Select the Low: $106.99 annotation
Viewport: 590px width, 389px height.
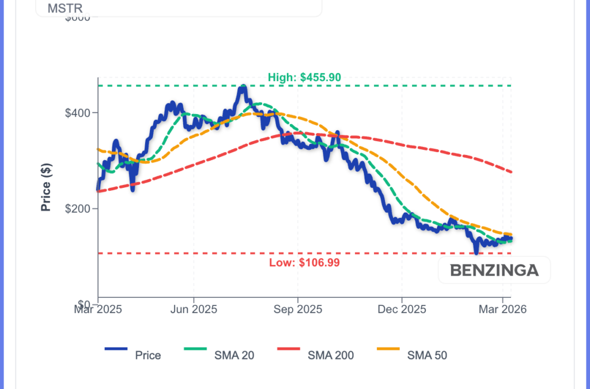pyautogui.click(x=304, y=263)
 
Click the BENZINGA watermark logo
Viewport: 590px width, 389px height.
pyautogui.click(x=494, y=270)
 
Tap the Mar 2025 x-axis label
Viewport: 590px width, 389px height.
pyautogui.click(x=98, y=309)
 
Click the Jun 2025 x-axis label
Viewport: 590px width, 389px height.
pyautogui.click(x=194, y=309)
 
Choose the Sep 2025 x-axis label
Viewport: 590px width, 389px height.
pyautogui.click(x=298, y=309)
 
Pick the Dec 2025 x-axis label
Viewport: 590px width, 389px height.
pyautogui.click(x=402, y=309)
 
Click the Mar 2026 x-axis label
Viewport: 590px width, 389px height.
pyautogui.click(x=502, y=309)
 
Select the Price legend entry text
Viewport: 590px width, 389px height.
pyautogui.click(x=148, y=356)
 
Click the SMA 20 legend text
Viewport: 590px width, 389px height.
pyautogui.click(x=235, y=356)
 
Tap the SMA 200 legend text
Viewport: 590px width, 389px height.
pyautogui.click(x=331, y=356)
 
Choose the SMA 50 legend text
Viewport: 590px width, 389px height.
pyautogui.click(x=427, y=356)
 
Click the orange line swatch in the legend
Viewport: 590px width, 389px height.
pyautogui.click(x=388, y=349)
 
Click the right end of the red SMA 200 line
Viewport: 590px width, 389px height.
pyautogui.click(x=512, y=172)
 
